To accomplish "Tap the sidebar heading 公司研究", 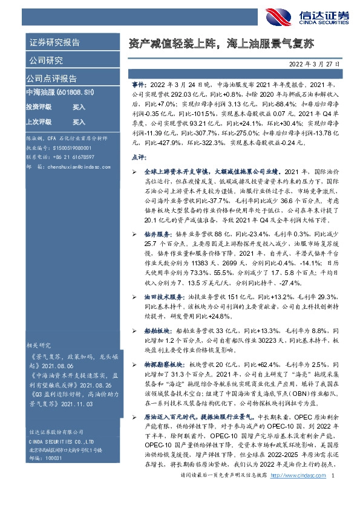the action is click(45, 60).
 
